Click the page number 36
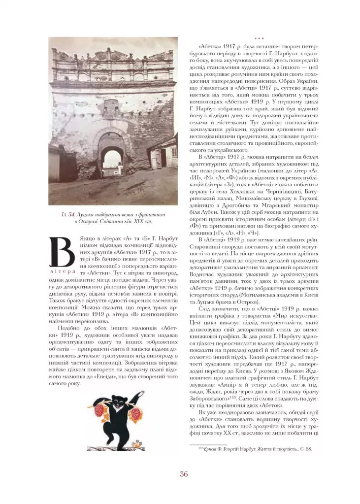click(x=184, y=474)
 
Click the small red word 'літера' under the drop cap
click(x=62, y=271)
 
